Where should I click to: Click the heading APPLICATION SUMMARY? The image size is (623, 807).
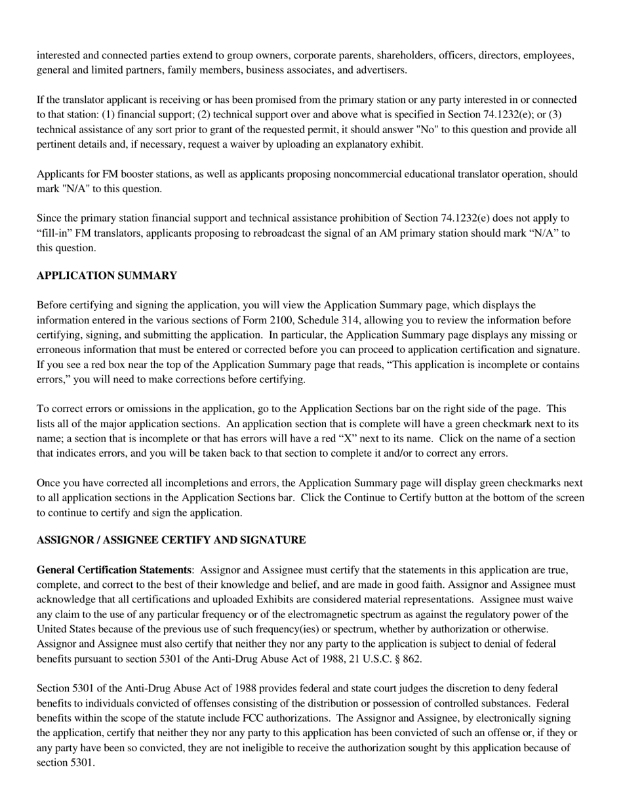point(106,276)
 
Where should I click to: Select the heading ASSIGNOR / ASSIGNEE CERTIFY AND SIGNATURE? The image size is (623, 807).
point(171,540)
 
